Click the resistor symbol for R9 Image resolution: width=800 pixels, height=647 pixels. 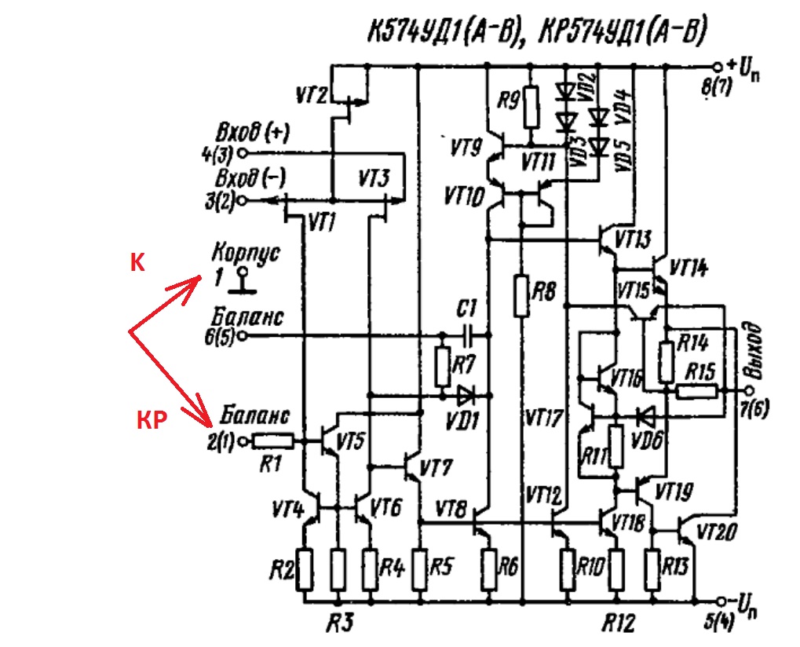(x=532, y=107)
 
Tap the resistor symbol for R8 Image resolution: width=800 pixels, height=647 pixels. (x=521, y=295)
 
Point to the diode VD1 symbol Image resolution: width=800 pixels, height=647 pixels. (x=466, y=396)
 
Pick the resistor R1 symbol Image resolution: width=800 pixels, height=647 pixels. (x=273, y=440)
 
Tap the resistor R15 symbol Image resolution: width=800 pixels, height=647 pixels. (x=696, y=392)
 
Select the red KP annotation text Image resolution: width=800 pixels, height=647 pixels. (x=152, y=420)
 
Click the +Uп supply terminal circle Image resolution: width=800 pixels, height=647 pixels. (x=718, y=67)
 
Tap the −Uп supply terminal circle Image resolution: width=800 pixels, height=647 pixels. (x=721, y=601)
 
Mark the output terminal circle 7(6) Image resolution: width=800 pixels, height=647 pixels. (x=748, y=391)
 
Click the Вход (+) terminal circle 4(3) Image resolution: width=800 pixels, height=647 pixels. (x=243, y=152)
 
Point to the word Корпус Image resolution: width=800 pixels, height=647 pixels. (x=246, y=253)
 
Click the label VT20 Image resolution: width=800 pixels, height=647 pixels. (x=716, y=532)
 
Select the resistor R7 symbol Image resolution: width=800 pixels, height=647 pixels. (x=442, y=367)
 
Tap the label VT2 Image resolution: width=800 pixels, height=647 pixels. (x=311, y=95)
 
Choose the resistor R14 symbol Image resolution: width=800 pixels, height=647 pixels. (x=666, y=363)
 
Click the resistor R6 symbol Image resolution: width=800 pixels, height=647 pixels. (x=489, y=570)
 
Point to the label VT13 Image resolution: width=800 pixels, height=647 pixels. (x=633, y=239)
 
